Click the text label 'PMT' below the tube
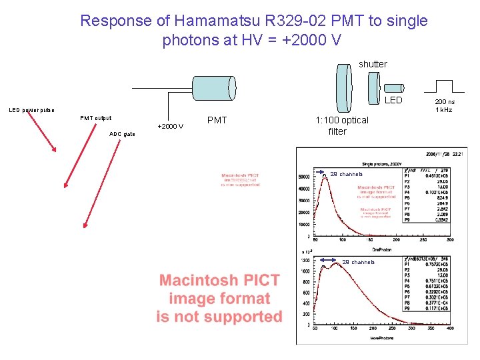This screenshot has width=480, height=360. pyautogui.click(x=217, y=121)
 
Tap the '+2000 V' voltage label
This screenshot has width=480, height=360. pyautogui.click(x=170, y=126)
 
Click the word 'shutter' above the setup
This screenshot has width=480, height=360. pyautogui.click(x=373, y=64)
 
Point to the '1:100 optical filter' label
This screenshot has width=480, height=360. pyautogui.click(x=341, y=126)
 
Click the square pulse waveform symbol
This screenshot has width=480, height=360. pyautogui.click(x=445, y=85)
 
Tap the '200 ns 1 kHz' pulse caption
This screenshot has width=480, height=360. pyautogui.click(x=445, y=105)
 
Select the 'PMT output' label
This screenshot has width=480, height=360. pyautogui.click(x=96, y=118)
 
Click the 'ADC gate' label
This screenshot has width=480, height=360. pyautogui.click(x=121, y=134)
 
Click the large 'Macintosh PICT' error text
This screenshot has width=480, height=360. pyautogui.click(x=219, y=299)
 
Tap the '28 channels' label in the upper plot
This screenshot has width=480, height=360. pyautogui.click(x=346, y=175)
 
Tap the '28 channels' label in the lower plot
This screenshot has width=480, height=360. pyautogui.click(x=359, y=262)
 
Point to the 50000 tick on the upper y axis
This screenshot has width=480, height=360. pyautogui.click(x=307, y=177)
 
